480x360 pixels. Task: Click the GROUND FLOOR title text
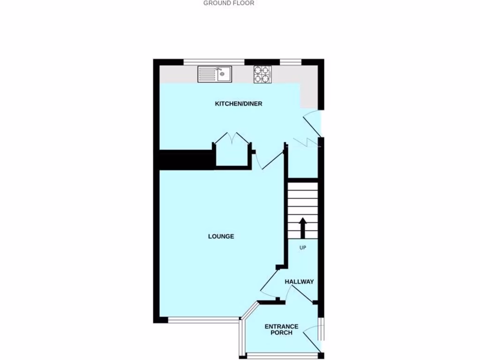coord(228,3)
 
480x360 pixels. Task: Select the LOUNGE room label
coord(221,237)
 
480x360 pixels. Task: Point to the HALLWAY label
coord(300,282)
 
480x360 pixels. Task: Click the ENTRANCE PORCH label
coord(281,330)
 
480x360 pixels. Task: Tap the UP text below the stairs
coord(302,248)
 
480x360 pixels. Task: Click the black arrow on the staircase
coord(302,228)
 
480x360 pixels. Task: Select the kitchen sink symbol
coord(215,74)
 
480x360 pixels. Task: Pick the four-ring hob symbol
coord(262,74)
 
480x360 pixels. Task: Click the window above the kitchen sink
coord(214,61)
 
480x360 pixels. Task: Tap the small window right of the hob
coord(290,61)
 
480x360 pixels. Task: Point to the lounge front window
coord(203,320)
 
